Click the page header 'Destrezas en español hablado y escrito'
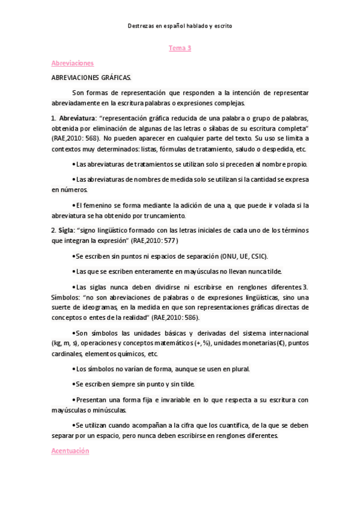pos(180,26)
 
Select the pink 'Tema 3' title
pos(180,49)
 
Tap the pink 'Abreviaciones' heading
pos(72,63)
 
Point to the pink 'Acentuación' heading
pos(70,450)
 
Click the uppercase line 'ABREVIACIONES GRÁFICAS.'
pos(91,78)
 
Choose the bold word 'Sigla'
pos(66,231)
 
